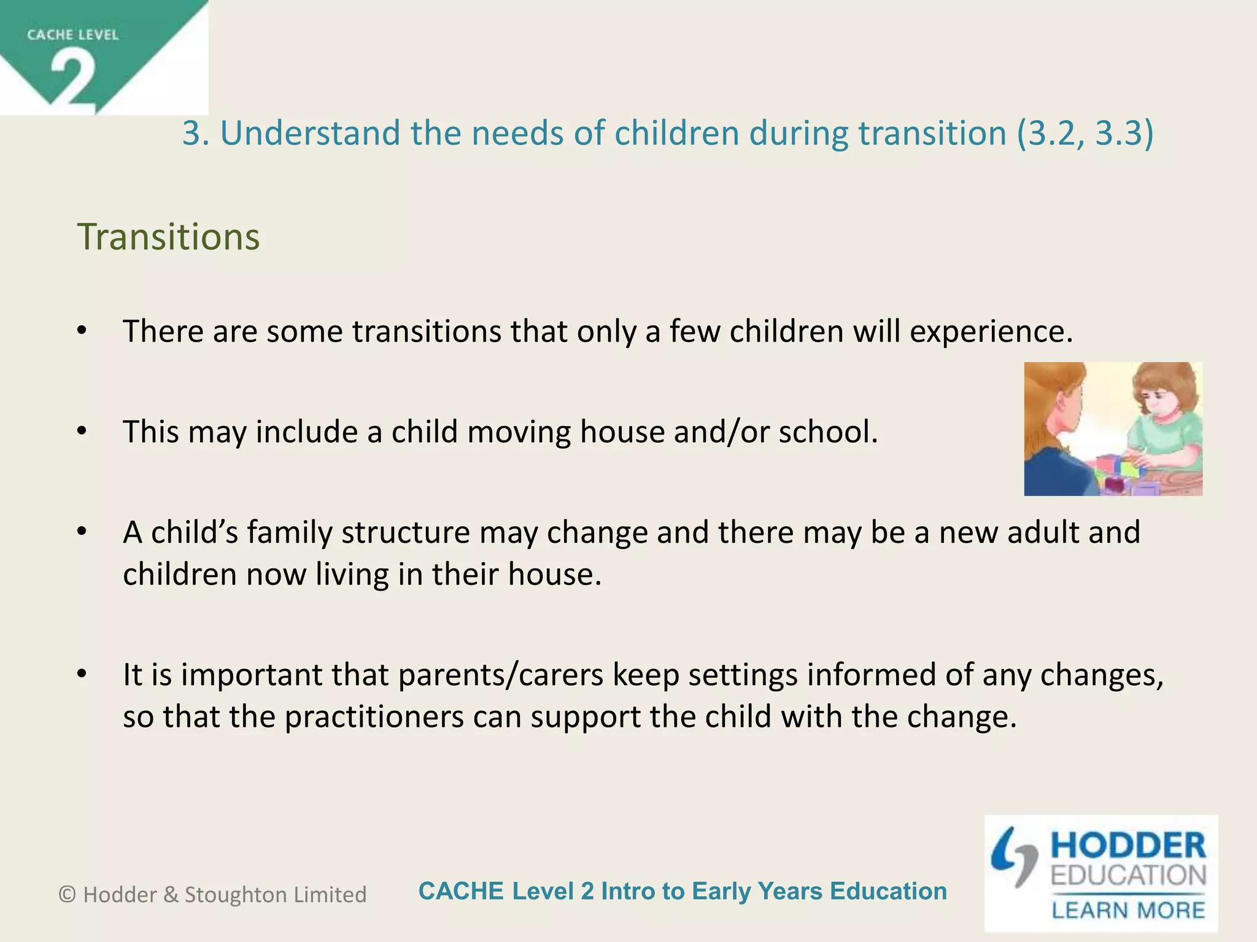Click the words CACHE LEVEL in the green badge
[72, 35]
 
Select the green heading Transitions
[168, 237]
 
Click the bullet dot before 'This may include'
[82, 431]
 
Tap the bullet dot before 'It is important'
[82, 674]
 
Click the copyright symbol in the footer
[67, 895]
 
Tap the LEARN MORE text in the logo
[1129, 909]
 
